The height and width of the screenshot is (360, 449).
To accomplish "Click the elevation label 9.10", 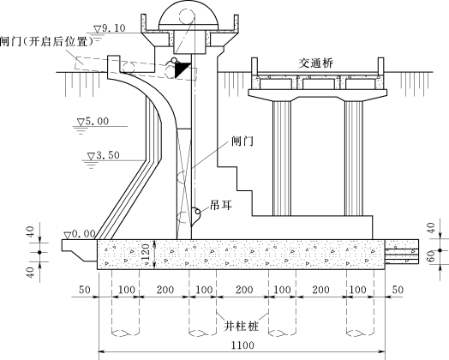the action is pyautogui.click(x=113, y=28).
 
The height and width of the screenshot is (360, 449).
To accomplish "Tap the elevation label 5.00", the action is pyautogui.click(x=97, y=122).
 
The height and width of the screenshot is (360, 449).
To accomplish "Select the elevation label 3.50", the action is pyautogui.click(x=107, y=155).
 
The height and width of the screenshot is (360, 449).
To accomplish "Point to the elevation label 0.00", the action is pyautogui.click(x=83, y=234).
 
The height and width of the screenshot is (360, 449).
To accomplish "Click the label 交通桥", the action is pyautogui.click(x=316, y=63).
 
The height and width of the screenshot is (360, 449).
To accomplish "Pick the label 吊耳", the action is pyautogui.click(x=221, y=205).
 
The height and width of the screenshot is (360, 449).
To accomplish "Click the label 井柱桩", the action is pyautogui.click(x=241, y=326).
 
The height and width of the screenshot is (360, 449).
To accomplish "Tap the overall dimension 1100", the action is pyautogui.click(x=242, y=345).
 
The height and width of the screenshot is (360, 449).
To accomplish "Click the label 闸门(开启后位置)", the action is pyautogui.click(x=46, y=42).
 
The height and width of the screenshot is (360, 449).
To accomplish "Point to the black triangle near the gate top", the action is pyautogui.click(x=182, y=70).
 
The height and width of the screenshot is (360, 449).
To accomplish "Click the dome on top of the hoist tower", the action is pyautogui.click(x=189, y=15).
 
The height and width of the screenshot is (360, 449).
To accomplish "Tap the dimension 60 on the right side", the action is pyautogui.click(x=431, y=255).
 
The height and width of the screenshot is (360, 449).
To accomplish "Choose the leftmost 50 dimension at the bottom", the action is pyautogui.click(x=85, y=290).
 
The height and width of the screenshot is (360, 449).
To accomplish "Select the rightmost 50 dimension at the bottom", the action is pyautogui.click(x=398, y=290).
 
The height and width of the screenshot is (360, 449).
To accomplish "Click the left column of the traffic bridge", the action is pyautogui.click(x=282, y=158).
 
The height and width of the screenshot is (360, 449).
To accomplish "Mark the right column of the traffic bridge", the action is pyautogui.click(x=354, y=158).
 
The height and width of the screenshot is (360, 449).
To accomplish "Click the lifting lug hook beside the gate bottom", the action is pyautogui.click(x=196, y=216).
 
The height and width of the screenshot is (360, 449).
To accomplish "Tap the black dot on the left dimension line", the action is pyautogui.click(x=39, y=252).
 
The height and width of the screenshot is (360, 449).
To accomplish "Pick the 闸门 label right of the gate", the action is pyautogui.click(x=242, y=141).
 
